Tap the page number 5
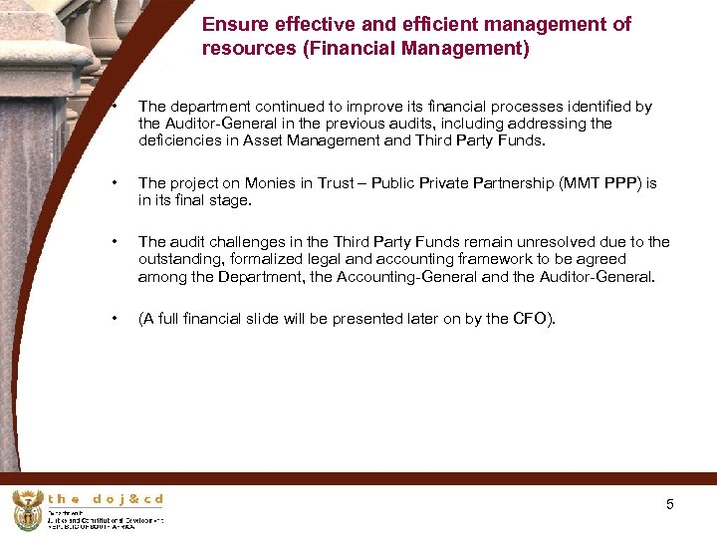pyautogui.click(x=670, y=504)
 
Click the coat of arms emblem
pyautogui.click(x=27, y=510)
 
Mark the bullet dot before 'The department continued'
pyautogui.click(x=116, y=106)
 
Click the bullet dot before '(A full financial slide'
pyautogui.click(x=116, y=319)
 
